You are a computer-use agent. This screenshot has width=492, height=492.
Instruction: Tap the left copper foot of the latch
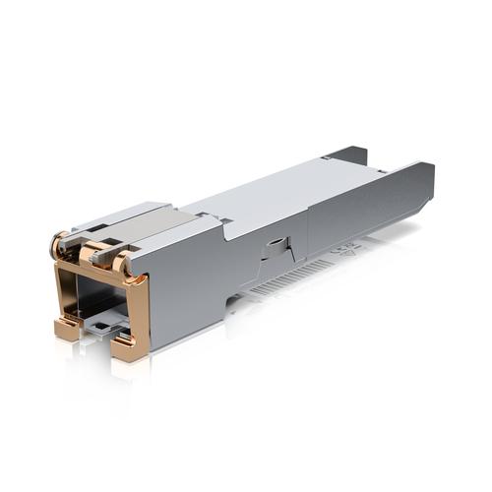click(67, 329)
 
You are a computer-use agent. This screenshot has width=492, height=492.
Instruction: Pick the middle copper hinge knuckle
click(91, 254)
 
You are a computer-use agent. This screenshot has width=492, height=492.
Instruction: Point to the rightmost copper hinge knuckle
click(120, 263)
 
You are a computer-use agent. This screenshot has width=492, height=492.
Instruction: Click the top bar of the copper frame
click(98, 273)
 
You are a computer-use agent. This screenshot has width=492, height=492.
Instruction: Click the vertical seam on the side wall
click(308, 231)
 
